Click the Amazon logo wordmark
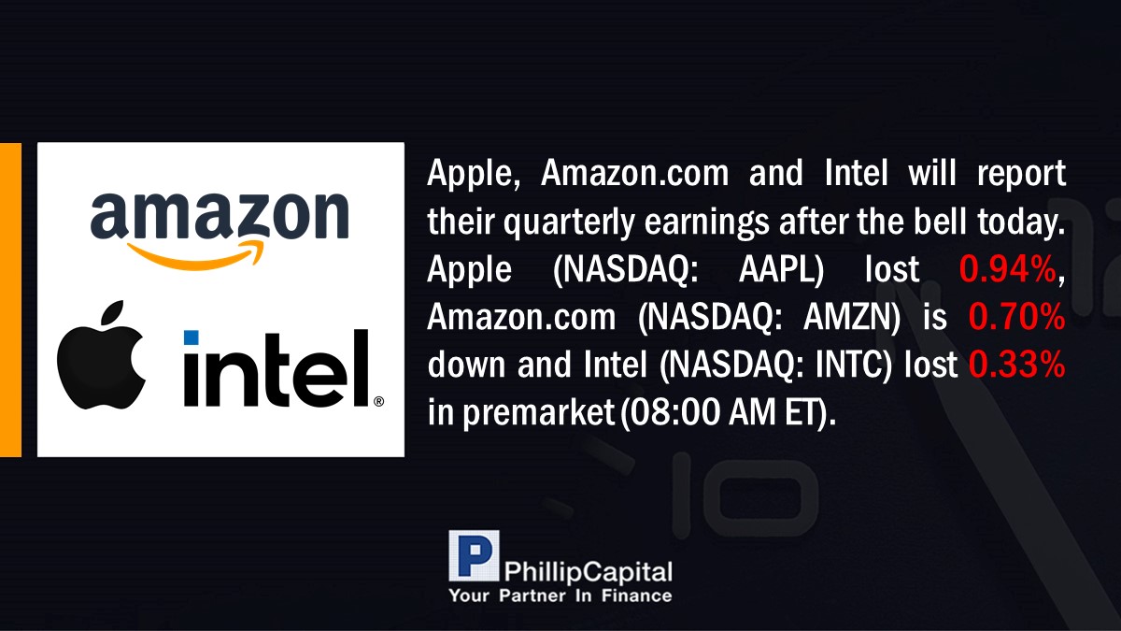[220, 215]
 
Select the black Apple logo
[102, 355]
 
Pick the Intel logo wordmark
[277, 367]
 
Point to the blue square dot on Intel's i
[192, 337]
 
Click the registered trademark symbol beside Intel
[379, 401]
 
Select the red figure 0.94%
[1007, 269]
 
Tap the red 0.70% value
[1016, 317]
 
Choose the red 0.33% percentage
[1016, 364]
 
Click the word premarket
[538, 413]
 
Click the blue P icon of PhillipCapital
[474, 556]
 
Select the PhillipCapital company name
[588, 572]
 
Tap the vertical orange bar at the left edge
[10, 300]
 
